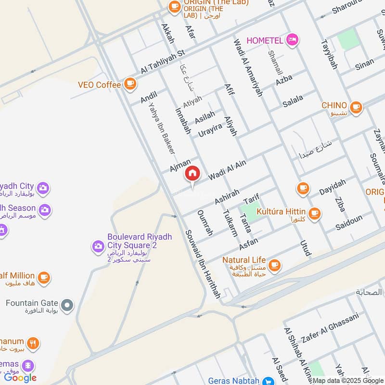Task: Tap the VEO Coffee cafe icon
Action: coord(129,84)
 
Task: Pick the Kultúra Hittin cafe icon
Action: coord(314,212)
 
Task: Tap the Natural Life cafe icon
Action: coord(274,265)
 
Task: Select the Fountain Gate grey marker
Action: coord(68,304)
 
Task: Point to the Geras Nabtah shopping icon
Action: coord(269,381)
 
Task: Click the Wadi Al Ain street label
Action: coord(227,170)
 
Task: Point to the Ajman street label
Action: coord(180,166)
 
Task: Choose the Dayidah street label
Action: coord(333,187)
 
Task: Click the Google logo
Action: coord(20,378)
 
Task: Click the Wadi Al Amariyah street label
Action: coord(248,67)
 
